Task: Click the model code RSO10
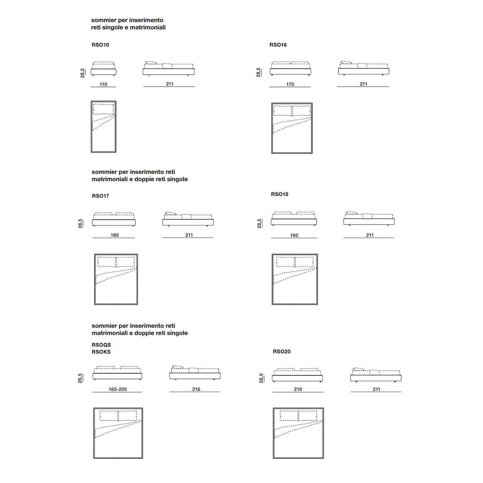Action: pos(100,45)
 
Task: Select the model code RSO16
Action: pos(278,45)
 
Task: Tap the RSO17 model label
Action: pos(100,196)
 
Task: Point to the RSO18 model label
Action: pos(279,194)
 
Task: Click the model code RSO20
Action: pos(281,351)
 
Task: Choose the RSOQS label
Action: pos(101,345)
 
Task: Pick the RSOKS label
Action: pos(101,352)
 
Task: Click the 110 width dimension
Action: pos(103,84)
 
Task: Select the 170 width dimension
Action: pos(290,84)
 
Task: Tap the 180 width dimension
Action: pos(115,235)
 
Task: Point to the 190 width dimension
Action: pos(294,235)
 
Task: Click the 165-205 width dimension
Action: pos(118,389)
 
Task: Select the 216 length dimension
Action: pos(196,389)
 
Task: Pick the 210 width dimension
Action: pos(298,389)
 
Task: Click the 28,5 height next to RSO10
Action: pos(83,73)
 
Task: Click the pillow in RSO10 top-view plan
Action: pos(103,109)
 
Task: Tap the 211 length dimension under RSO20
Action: pos(376,389)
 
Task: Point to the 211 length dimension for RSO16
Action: pos(363,84)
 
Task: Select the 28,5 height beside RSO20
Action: pos(261,378)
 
